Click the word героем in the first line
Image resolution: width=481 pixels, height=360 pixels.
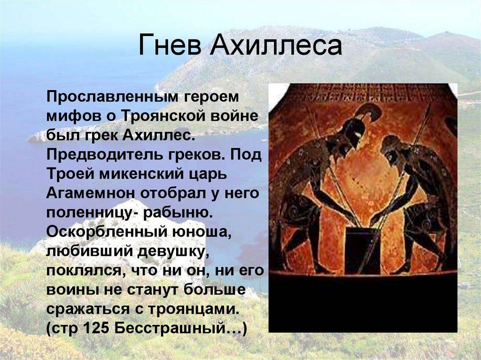[x=211, y=97]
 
